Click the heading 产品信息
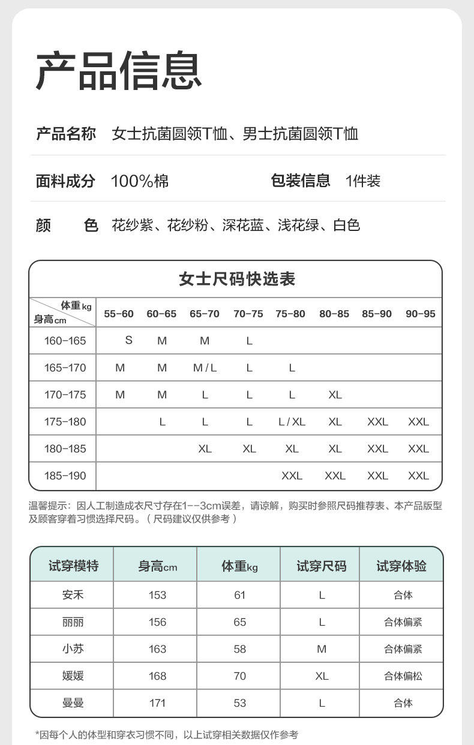tap(119, 71)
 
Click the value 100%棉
tap(140, 181)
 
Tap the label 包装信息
tap(301, 181)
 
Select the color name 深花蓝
tap(242, 226)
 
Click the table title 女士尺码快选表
tap(237, 279)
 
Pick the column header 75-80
tap(290, 314)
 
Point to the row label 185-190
tap(65, 476)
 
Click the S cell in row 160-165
tap(128, 340)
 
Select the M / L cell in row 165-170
tap(205, 368)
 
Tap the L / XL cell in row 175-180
tap(292, 422)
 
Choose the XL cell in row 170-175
tap(335, 395)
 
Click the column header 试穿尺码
tap(321, 566)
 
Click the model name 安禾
tap(73, 595)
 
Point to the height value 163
tap(157, 649)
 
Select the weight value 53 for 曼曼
tap(240, 703)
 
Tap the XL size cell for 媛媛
tap(322, 676)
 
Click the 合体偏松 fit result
tap(403, 676)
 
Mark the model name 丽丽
tap(73, 622)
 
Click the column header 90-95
tap(420, 314)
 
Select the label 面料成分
tap(65, 181)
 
